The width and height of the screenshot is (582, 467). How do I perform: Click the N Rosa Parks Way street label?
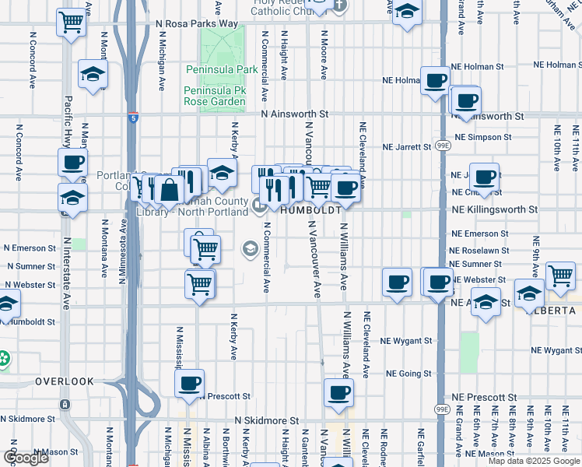[195, 23]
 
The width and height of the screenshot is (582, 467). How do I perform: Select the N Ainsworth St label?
[295, 114]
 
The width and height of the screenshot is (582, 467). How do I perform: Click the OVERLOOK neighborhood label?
[64, 381]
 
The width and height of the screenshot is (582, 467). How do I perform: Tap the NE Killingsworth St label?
[496, 209]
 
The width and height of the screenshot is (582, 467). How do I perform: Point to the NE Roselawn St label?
[479, 251]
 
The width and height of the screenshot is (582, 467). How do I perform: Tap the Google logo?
[26, 458]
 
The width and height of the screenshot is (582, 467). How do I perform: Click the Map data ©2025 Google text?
[534, 461]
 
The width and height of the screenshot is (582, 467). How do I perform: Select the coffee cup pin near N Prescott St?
[189, 383]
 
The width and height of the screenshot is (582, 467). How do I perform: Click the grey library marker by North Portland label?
[259, 204]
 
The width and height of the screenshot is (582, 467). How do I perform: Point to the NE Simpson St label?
[483, 137]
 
